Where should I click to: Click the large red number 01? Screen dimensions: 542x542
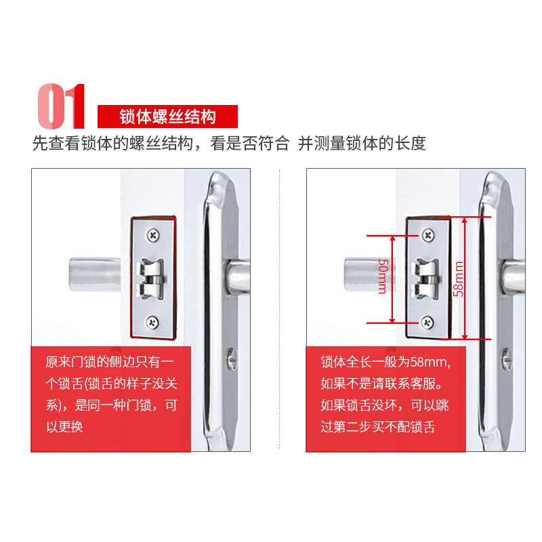61,106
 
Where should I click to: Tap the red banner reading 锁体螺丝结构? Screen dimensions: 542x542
167,117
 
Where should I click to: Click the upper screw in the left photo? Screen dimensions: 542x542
153,235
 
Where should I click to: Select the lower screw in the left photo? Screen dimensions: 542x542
152,322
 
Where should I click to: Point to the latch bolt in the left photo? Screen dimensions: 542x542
150,278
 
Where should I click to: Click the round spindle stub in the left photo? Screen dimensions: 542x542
95,274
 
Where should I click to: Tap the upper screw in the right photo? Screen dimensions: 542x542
428,235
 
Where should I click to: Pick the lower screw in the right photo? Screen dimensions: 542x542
428,322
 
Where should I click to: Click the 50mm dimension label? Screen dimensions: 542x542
383,276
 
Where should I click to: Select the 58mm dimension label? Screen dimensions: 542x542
459,279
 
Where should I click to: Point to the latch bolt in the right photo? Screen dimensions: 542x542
425,278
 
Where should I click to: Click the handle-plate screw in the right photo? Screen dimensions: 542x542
507,360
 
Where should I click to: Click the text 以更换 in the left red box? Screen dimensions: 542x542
64,427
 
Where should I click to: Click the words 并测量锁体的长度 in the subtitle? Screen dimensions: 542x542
362,144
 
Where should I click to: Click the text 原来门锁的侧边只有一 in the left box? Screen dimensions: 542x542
110,362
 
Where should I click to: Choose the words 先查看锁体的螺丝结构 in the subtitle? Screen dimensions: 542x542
112,144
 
